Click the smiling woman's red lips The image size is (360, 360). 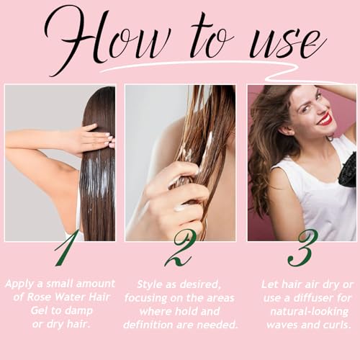pos(325,120)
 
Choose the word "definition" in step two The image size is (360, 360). pos(148,325)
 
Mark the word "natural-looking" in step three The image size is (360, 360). pos(309,312)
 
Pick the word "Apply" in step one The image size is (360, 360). pos(19,284)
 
